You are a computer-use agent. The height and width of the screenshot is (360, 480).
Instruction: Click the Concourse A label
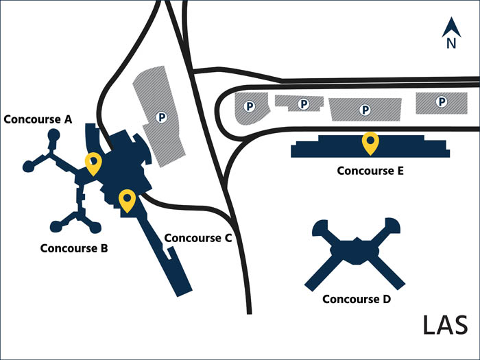tap(38, 119)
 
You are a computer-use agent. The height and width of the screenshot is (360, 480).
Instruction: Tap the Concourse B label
tap(74, 248)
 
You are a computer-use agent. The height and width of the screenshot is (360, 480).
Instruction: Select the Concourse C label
tap(198, 238)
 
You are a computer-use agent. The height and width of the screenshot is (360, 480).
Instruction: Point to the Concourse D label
tap(357, 299)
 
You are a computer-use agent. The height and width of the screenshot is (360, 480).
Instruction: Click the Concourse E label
tap(371, 171)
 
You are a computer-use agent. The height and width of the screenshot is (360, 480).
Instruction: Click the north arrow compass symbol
tap(451, 28)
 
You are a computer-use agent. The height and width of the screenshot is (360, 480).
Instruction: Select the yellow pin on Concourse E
tap(371, 142)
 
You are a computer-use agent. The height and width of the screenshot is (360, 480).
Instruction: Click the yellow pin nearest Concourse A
tap(93, 163)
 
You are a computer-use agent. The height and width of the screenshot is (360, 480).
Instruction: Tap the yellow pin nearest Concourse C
tap(127, 200)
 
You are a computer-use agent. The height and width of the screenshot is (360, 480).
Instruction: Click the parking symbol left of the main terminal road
tap(162, 117)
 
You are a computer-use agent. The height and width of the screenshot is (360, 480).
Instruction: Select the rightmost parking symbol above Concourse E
tap(442, 102)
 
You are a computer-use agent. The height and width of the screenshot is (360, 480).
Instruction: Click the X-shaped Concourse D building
tap(355, 250)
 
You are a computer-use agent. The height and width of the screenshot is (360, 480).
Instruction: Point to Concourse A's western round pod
tap(29, 165)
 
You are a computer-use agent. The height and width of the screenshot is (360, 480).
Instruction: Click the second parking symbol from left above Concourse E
tap(302, 104)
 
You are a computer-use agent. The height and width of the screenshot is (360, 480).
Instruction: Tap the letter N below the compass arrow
tap(451, 44)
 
